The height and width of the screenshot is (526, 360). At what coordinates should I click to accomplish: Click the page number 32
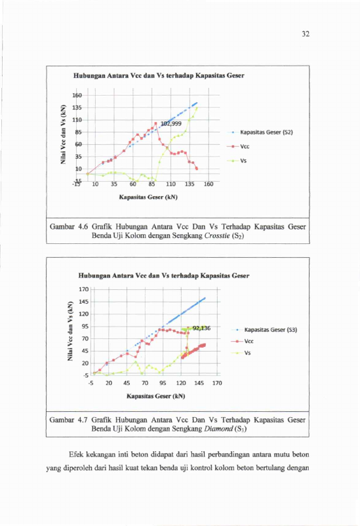[306, 34]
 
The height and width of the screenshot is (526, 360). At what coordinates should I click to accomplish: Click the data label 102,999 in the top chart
[171, 124]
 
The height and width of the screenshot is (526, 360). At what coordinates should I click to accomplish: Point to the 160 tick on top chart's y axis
[77, 96]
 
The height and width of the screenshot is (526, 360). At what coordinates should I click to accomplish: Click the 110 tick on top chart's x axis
[170, 184]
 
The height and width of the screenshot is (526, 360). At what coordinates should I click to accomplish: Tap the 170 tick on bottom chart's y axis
[84, 289]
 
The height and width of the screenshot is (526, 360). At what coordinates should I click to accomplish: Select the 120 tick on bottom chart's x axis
[181, 383]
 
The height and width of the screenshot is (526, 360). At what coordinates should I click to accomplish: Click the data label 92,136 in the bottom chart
[201, 328]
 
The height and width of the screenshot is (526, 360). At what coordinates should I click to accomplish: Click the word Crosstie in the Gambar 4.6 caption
[217, 235]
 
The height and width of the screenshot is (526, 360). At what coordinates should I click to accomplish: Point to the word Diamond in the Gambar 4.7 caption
[216, 429]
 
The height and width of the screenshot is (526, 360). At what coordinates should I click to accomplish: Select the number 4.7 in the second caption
[83, 420]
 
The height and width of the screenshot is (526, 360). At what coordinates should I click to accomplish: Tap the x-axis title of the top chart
[148, 197]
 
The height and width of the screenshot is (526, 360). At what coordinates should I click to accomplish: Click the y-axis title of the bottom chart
[70, 331]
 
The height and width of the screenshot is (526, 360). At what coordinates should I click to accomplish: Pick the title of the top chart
[159, 75]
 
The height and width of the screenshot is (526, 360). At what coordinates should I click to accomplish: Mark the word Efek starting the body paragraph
[76, 455]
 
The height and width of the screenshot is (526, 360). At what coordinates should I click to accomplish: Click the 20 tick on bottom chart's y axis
[85, 363]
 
